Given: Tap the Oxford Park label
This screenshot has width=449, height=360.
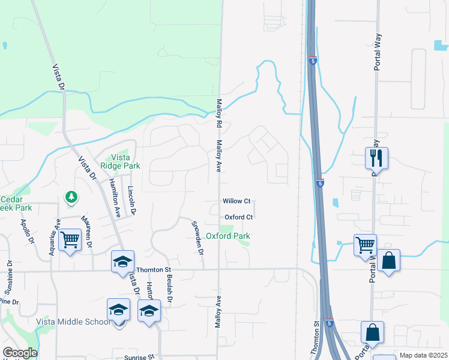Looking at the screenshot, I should (228, 236).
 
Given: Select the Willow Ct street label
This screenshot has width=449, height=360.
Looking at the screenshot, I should (236, 201).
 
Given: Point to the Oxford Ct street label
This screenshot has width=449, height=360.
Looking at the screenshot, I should (239, 217).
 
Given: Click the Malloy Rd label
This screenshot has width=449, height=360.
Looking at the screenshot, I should (219, 112).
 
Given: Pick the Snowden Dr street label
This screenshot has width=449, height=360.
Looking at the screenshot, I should (197, 239).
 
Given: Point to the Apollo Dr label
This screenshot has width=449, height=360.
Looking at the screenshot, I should (28, 232).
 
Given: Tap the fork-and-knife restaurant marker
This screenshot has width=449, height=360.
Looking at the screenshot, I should (376, 158).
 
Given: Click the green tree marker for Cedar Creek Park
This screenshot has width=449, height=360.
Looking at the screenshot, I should (71, 197).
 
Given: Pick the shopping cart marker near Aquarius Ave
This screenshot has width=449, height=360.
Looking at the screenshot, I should (70, 240).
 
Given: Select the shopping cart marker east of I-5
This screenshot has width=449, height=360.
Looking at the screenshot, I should (365, 245).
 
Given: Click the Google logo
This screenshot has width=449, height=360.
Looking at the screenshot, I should (19, 353).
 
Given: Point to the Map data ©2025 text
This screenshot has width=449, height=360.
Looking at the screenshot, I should (423, 355).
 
